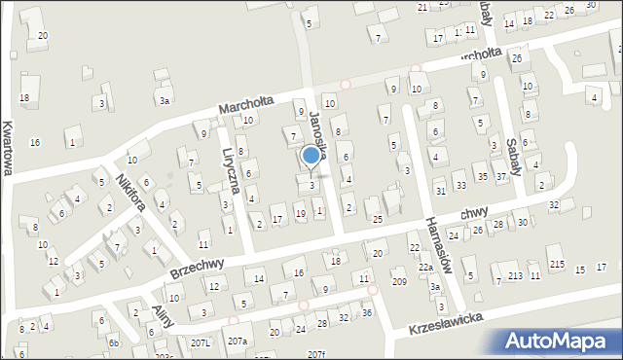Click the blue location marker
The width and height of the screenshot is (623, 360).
311,155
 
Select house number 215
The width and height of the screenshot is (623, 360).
556,265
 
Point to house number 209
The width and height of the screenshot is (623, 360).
399,281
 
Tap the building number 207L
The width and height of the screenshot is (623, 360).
201,342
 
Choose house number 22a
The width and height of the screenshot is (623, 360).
425,268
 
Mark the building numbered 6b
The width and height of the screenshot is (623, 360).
114,342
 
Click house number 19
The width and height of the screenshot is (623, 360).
300,213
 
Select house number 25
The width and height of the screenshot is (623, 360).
377,220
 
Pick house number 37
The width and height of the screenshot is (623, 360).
500,177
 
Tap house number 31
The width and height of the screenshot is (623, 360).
441,191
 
